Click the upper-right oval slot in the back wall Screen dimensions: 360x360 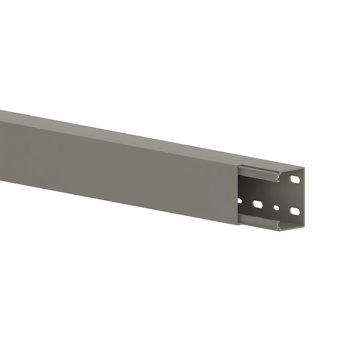tap(295, 179)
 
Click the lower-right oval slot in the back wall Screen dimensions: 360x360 tap(295, 211)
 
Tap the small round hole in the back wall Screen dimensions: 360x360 tap(276, 208)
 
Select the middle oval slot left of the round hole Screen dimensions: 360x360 tap(258, 204)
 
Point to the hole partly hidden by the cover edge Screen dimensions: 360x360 tap(239, 201)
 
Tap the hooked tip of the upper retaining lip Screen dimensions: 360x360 tap(279, 179)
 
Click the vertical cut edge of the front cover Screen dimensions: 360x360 tap(238, 194)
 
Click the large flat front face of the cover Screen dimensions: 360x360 tap(119, 169)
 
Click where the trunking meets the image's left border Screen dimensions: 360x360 tap(1, 144)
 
